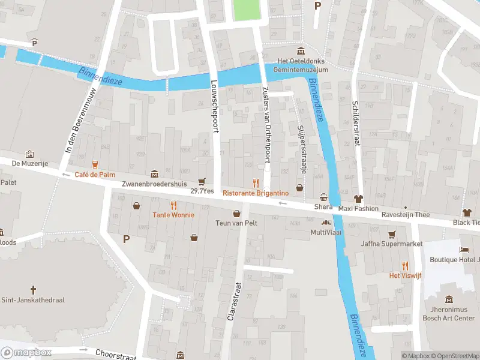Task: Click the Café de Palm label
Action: [x=95, y=175]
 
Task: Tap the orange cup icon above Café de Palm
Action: [x=95, y=164]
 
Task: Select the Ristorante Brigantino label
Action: [x=256, y=193]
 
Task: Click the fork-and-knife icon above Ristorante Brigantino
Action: [x=256, y=182]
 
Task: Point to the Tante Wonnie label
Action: [x=173, y=215]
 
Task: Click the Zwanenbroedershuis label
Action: [x=155, y=184]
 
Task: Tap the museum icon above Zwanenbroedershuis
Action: [x=155, y=174]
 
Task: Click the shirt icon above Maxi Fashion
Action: [x=359, y=198]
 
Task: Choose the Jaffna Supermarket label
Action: [x=392, y=244]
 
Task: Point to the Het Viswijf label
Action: [x=406, y=275]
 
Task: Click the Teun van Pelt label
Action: [x=236, y=223]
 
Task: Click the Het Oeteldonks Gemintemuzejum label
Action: [x=302, y=65]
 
